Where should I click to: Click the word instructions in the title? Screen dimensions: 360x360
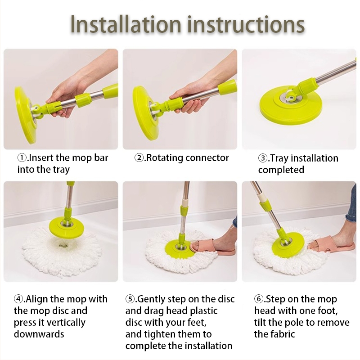(x=246, y=24)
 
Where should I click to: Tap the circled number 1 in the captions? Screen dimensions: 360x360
(x=22, y=158)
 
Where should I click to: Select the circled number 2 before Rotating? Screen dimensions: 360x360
(x=139, y=158)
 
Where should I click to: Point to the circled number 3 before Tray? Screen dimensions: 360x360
(x=263, y=158)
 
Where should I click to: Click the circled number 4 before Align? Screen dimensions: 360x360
(x=18, y=299)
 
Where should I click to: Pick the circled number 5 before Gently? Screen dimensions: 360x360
(x=130, y=299)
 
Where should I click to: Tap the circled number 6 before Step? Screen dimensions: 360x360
(x=259, y=299)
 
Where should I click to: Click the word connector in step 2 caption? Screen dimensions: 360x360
(x=207, y=158)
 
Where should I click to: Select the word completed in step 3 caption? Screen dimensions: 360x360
(x=281, y=170)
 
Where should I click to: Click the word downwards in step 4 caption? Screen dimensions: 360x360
(x=39, y=334)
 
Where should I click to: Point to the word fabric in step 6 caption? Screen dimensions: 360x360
(x=284, y=334)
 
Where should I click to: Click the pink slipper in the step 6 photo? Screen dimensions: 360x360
(x=329, y=245)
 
